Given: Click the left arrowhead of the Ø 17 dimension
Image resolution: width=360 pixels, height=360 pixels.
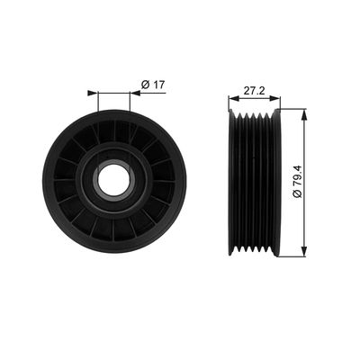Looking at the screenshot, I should point(93,93).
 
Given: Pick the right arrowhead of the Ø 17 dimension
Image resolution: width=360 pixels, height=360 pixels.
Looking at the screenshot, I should point(130,93).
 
